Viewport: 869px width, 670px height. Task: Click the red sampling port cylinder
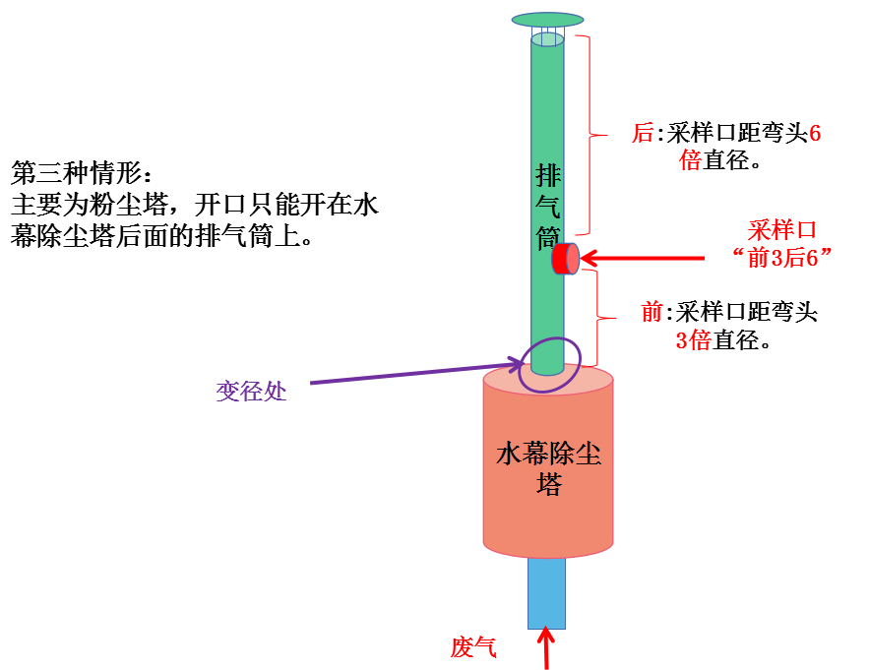click(x=565, y=259)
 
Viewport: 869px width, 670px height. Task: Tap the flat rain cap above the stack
click(x=547, y=20)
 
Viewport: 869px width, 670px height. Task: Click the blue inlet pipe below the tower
click(x=546, y=593)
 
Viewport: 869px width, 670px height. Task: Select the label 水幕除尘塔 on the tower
click(x=549, y=468)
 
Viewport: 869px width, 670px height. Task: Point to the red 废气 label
click(x=473, y=646)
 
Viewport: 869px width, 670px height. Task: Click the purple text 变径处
click(x=251, y=392)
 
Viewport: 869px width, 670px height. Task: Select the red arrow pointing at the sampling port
click(x=642, y=258)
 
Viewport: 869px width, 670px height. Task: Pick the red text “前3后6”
click(x=782, y=258)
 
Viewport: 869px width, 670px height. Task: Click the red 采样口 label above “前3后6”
click(x=782, y=230)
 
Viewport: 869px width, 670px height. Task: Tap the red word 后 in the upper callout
click(x=644, y=133)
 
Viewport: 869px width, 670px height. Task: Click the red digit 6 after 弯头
click(x=815, y=133)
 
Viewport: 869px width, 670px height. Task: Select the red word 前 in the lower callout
click(x=652, y=312)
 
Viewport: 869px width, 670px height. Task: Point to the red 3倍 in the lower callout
click(x=693, y=339)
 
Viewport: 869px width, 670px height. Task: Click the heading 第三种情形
click(x=77, y=173)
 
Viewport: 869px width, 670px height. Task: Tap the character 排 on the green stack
click(x=548, y=176)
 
